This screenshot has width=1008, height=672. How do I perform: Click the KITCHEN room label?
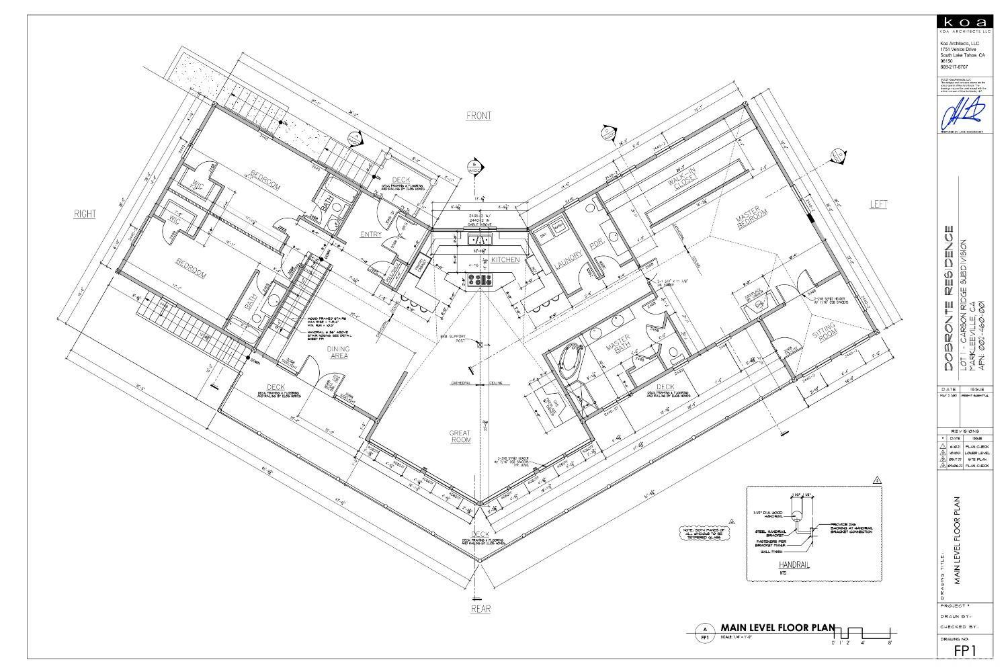[x=505, y=259]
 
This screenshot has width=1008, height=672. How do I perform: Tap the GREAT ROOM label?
[x=461, y=436]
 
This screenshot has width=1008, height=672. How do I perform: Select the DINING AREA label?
[x=338, y=352]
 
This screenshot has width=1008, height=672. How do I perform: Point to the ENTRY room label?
[x=370, y=235]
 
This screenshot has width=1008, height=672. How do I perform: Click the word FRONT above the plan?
[x=478, y=116]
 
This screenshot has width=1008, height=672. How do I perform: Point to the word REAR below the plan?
[x=480, y=609]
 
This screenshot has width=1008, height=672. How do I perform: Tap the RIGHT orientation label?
[x=85, y=214]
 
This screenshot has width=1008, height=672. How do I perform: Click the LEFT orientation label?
[x=878, y=204]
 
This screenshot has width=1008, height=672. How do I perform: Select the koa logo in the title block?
[x=964, y=23]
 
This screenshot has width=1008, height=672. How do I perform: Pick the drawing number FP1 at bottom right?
[x=964, y=650]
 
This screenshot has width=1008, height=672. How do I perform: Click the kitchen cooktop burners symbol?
[x=480, y=280]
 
